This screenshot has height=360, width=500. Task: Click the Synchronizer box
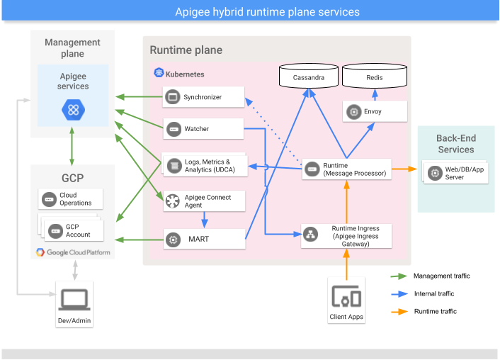203,97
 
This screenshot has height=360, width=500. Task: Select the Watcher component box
203,129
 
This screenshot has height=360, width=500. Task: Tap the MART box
203,240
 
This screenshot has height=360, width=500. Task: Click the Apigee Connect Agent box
203,201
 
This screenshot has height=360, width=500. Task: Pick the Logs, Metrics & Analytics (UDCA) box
205,165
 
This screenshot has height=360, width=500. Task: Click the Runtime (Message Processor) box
346,169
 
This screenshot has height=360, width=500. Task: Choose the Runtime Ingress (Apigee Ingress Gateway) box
346,235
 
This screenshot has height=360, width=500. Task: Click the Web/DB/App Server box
456,173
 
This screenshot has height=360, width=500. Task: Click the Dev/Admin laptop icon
74,301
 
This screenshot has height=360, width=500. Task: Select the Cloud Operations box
71,199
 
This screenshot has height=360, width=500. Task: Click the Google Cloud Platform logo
73,252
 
